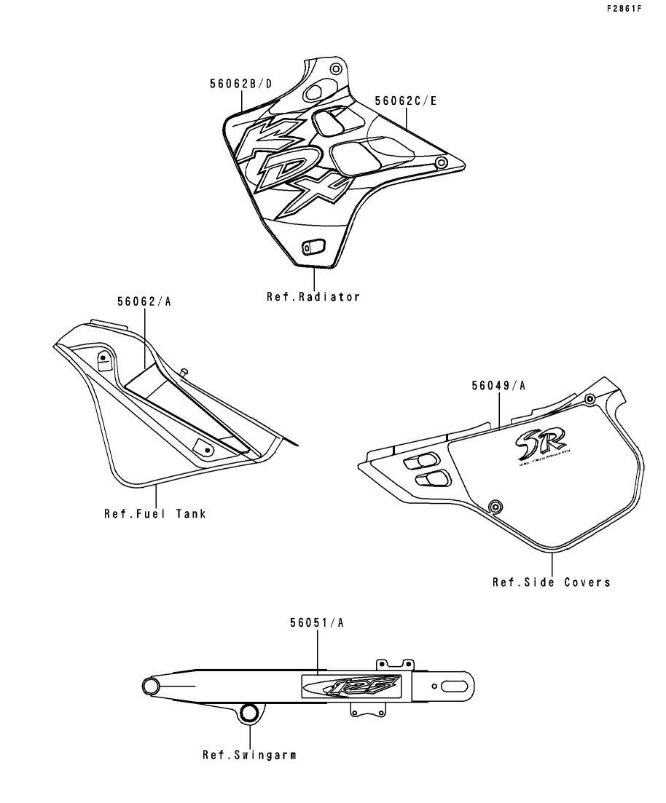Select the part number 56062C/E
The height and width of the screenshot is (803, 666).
point(406,101)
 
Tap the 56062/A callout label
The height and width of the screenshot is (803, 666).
point(144,301)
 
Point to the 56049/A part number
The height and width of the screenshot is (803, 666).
point(498,386)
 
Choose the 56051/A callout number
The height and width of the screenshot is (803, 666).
point(318,622)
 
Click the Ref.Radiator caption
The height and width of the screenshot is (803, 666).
point(313,297)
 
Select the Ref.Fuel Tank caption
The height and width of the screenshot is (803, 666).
point(154,514)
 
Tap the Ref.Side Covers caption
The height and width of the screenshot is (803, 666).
point(551,582)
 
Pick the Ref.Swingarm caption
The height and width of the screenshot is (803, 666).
point(249,755)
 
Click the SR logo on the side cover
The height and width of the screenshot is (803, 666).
point(531,440)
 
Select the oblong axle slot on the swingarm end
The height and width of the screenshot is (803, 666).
point(456,686)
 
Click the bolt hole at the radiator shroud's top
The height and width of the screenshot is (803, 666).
point(335,69)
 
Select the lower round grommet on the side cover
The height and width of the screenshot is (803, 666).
point(495,506)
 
